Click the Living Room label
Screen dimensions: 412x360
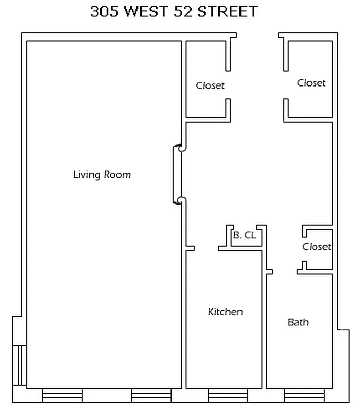click(x=102, y=175)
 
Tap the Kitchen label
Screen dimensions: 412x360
click(x=225, y=312)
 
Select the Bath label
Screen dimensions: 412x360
click(x=298, y=322)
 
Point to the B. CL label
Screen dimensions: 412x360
click(x=245, y=236)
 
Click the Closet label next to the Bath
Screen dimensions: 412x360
click(x=316, y=247)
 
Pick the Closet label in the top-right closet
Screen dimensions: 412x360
click(x=312, y=83)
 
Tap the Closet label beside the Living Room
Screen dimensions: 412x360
click(x=210, y=85)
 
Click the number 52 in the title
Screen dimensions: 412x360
click(x=190, y=12)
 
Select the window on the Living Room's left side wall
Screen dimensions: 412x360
click(x=19, y=365)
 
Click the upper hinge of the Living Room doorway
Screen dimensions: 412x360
click(x=180, y=149)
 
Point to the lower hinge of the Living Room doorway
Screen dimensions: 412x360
click(x=180, y=200)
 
